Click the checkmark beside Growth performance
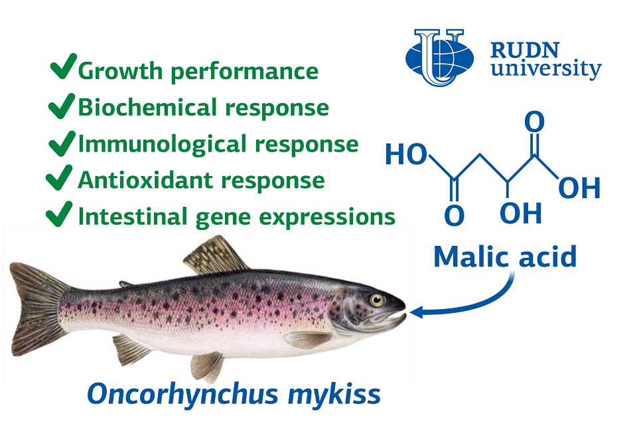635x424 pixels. pos(63,66)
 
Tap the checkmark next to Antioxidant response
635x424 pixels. pos(59,177)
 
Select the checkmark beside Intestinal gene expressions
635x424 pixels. pos(59,213)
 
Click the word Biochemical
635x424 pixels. pos(147,107)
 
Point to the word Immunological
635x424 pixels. pos(162,144)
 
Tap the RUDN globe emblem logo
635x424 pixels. pos(439,57)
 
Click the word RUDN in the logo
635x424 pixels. pos(525,51)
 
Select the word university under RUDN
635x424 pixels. pos(546,68)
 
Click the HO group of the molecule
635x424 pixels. pos(406,154)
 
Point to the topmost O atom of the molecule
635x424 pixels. pos(534,122)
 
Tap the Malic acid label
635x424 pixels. pos(505,257)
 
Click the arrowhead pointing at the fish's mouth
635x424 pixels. pos(417,312)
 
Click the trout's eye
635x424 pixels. pos(377,300)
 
